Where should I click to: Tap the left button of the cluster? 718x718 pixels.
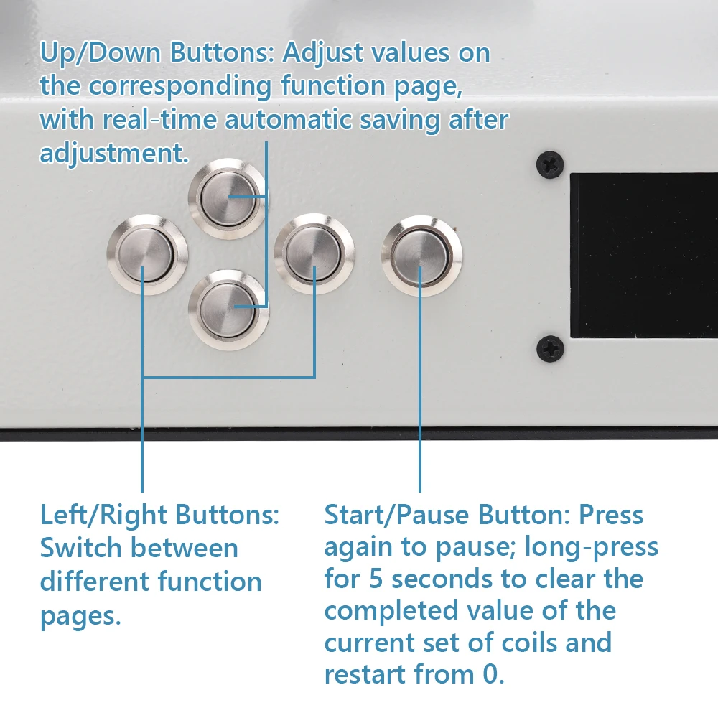(147, 254)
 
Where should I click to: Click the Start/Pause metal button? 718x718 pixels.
(421, 256)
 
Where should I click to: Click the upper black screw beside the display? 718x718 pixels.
(550, 164)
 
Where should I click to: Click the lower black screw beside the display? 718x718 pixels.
(550, 348)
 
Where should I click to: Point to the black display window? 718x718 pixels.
(644, 256)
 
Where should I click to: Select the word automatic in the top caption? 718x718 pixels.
(288, 120)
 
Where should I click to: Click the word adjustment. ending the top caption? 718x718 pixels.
(114, 154)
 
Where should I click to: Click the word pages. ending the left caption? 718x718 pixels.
(80, 617)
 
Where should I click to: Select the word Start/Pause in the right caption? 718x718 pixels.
(396, 515)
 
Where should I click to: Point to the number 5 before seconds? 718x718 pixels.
(376, 579)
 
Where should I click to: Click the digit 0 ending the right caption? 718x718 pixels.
(494, 674)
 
